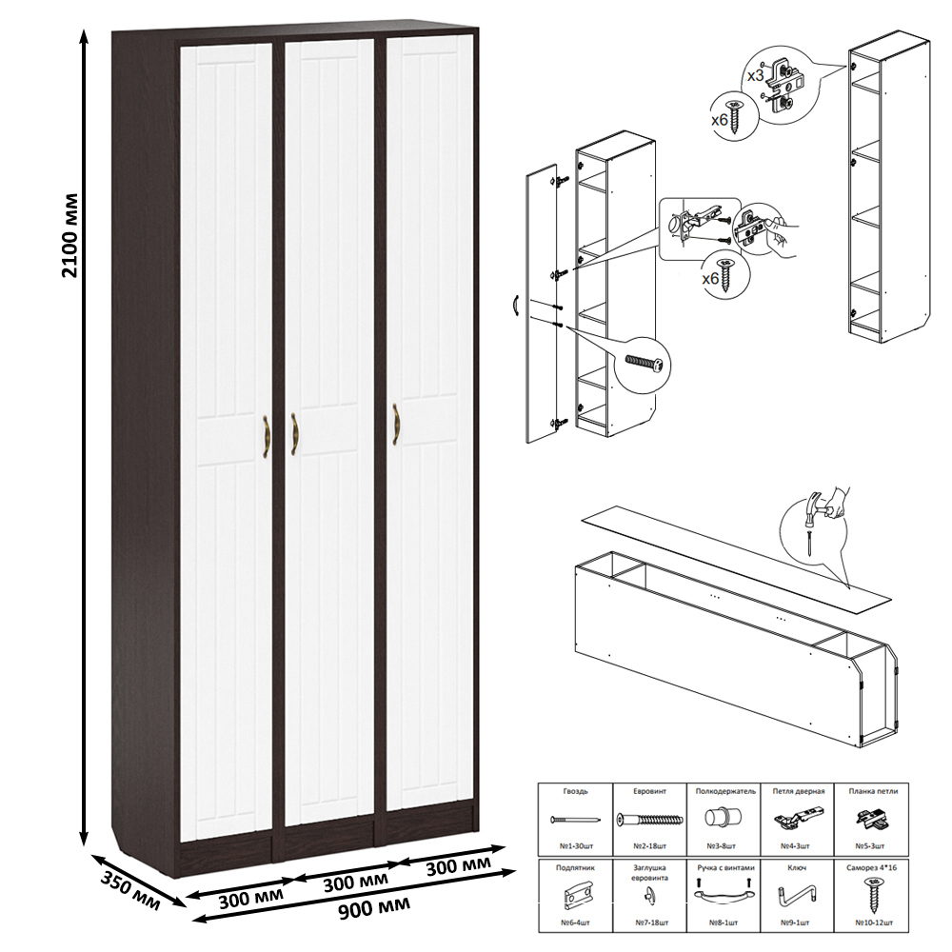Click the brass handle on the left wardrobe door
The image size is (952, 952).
266,437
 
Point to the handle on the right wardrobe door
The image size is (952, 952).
396,425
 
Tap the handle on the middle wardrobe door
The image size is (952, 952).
294,434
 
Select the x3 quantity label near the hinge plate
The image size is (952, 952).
755,76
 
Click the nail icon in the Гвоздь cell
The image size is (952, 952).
575,819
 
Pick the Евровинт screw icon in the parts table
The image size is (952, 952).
649,820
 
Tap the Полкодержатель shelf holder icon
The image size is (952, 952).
724,817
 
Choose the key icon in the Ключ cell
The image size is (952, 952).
797,894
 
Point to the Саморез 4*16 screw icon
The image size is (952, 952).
873,895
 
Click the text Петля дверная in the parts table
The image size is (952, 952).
799,791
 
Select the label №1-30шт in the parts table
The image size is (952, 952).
576,845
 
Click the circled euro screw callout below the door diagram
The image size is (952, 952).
645,365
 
